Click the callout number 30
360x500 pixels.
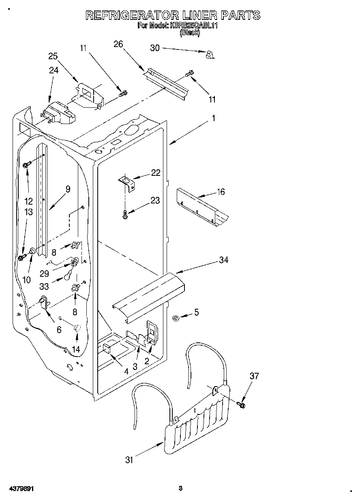[155, 47]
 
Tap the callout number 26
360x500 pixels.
[118, 44]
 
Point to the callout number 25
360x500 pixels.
[53, 56]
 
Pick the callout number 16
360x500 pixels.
[221, 192]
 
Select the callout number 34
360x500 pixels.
[223, 260]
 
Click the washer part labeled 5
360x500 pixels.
[176, 318]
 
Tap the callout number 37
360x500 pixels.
[254, 376]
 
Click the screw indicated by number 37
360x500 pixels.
[242, 404]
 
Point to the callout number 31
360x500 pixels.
[129, 459]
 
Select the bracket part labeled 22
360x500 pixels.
[127, 182]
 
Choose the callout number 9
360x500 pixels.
[68, 189]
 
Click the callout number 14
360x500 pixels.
[75, 349]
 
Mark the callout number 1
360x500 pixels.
[213, 118]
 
